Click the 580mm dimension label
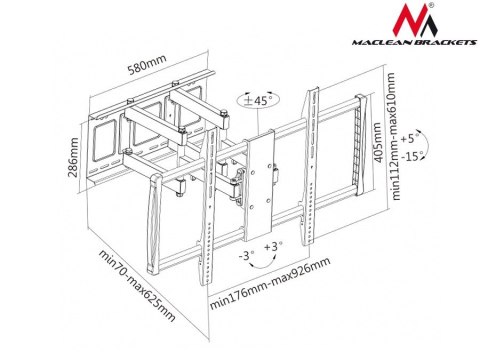(x=147, y=64)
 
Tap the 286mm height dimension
(x=73, y=157)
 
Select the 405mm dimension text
(x=377, y=142)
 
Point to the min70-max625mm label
(x=137, y=286)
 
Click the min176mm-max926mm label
(x=270, y=283)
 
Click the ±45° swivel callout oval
(x=258, y=100)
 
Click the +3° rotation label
(x=273, y=247)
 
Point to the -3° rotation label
(x=247, y=256)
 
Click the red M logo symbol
(x=415, y=21)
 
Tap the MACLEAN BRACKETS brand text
(x=415, y=42)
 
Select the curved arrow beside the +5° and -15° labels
(x=425, y=145)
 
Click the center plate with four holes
(x=259, y=185)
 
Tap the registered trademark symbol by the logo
(x=431, y=5)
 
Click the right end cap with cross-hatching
(x=362, y=145)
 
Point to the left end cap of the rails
(x=153, y=224)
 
